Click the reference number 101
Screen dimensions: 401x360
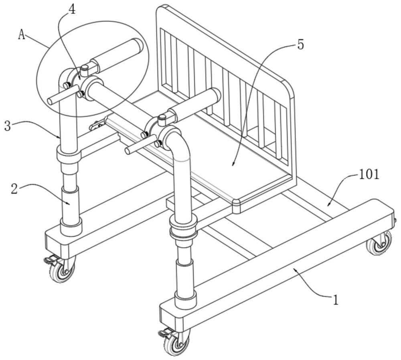tap(369, 175)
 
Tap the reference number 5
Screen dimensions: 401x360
tap(300, 45)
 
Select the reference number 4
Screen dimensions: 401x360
tap(72, 10)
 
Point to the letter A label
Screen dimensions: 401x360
tap(22, 34)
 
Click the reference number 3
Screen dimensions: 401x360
tap(8, 126)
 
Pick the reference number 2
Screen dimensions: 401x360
tap(14, 189)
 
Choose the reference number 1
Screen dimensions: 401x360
tap(335, 299)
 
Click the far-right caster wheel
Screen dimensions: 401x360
tap(379, 243)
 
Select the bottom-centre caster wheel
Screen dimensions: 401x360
tap(177, 342)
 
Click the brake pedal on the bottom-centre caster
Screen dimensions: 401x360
tap(163, 333)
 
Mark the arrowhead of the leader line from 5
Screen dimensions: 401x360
tap(233, 164)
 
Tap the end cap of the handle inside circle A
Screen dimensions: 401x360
tap(138, 45)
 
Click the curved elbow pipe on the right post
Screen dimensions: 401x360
tap(177, 143)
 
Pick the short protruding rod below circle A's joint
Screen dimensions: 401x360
tap(63, 95)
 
